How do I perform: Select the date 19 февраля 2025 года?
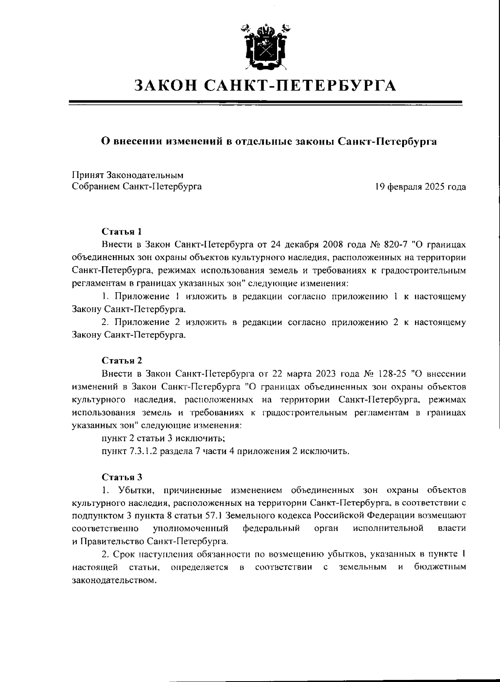coord(420,187)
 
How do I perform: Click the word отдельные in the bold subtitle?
coord(261,142)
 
